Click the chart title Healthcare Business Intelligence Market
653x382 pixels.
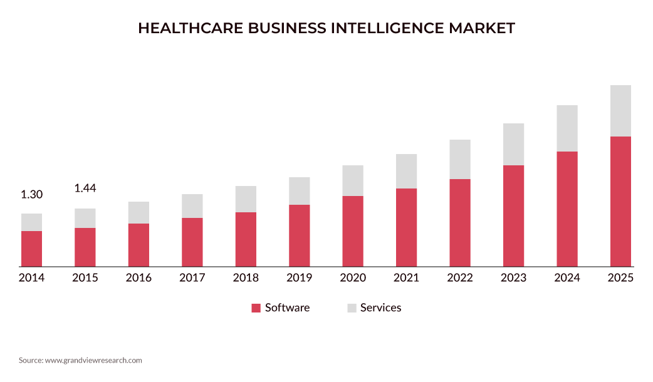point(326,28)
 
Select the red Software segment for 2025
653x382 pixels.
point(620,201)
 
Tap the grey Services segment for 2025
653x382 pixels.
point(620,111)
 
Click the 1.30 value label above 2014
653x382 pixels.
point(31,195)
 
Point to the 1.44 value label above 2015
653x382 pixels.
point(85,188)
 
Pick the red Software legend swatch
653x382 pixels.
point(256,308)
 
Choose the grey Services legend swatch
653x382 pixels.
point(352,308)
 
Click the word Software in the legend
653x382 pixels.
point(287,307)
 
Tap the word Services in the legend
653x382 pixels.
point(380,307)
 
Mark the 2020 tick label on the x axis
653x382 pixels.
point(353,278)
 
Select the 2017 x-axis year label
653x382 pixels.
point(192,278)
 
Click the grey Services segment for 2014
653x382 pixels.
point(31,222)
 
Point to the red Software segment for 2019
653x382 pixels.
point(300,235)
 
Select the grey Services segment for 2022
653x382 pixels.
point(460,159)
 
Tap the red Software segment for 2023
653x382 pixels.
point(513,216)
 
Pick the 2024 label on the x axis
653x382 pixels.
point(567,278)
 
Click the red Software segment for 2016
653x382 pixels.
point(138,245)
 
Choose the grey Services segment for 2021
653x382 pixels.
point(406,171)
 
